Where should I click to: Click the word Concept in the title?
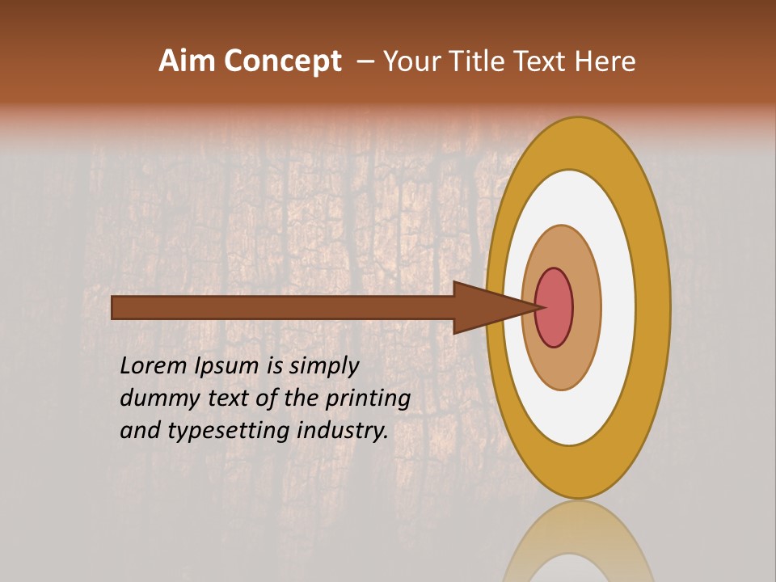281,61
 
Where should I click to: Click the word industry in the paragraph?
343,430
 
